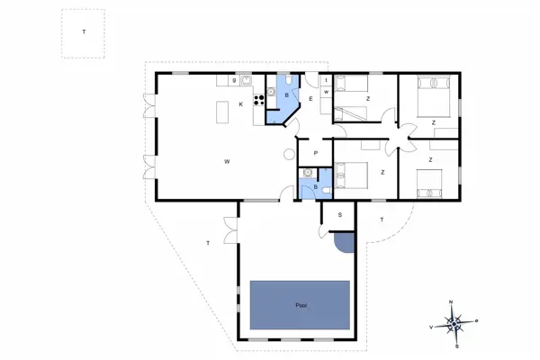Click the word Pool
pos(301,306)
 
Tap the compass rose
pos(456,321)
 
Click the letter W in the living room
pos(228,161)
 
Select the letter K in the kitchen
pos(240,105)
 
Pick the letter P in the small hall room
pos(316,154)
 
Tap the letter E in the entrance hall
pos(310,98)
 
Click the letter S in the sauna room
pos(339,215)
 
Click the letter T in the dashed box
pos(84,32)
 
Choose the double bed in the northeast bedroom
pos(432,92)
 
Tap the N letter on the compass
pos(452,302)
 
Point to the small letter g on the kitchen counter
pos(235,81)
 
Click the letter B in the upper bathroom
pos(286,94)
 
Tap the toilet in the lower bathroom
pos(322,189)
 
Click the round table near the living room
pos(289,154)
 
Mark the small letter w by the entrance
pos(325,92)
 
